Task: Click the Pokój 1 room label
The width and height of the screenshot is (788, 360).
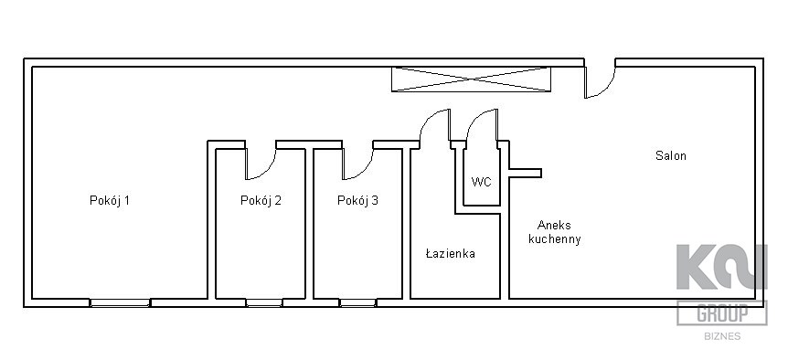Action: tap(110, 201)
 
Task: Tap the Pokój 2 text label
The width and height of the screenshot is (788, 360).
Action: tap(261, 201)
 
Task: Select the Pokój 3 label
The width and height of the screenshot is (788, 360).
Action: tap(357, 201)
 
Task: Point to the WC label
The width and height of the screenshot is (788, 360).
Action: tap(482, 182)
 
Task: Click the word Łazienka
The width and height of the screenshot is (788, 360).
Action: tap(451, 254)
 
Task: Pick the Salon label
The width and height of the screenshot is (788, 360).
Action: tap(670, 155)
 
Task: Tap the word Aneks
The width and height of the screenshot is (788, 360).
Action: tap(554, 225)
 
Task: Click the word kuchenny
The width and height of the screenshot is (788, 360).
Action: tap(555, 239)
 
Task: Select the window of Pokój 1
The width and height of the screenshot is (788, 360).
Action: tap(120, 302)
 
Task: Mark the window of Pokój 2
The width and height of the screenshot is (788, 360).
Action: tap(264, 302)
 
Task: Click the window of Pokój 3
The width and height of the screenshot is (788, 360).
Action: tap(357, 302)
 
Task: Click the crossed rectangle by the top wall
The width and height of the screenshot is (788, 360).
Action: tap(471, 79)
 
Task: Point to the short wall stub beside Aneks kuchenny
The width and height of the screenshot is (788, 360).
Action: tap(525, 174)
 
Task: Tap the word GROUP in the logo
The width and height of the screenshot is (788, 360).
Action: tap(722, 313)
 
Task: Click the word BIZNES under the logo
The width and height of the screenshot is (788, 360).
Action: tap(722, 336)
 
